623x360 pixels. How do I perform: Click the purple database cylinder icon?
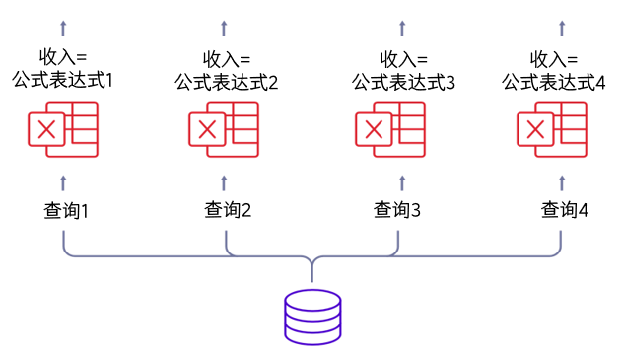[x=311, y=316]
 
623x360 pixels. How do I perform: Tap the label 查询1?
[x=66, y=210]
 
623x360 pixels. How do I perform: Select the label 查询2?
[x=228, y=210]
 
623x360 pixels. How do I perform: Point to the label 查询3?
[x=397, y=210]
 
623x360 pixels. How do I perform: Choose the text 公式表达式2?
[x=227, y=82]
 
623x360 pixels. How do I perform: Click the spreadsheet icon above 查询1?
[x=63, y=131]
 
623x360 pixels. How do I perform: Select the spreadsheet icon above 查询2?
[x=225, y=131]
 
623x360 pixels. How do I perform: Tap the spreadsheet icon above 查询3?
[x=390, y=131]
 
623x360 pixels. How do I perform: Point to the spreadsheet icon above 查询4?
[x=554, y=131]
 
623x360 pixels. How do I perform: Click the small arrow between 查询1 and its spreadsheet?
[x=64, y=180]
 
